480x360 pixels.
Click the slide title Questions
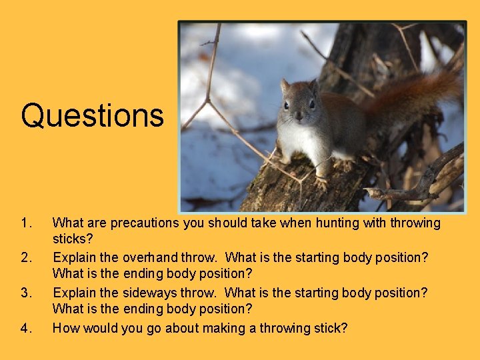[x=92, y=115]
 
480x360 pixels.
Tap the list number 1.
[x=26, y=223]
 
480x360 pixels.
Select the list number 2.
[x=26, y=257]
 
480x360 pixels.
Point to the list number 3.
[x=26, y=293]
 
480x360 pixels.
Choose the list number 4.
[x=26, y=328]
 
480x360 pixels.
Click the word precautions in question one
[x=144, y=223]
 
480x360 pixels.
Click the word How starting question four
[x=66, y=328]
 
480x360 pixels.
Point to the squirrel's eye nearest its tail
[x=313, y=105]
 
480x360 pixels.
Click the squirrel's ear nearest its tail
[x=313, y=86]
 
